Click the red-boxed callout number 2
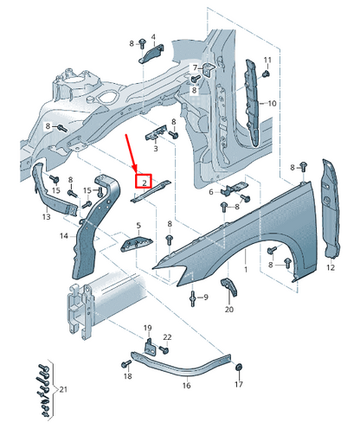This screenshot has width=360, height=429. click(x=143, y=182)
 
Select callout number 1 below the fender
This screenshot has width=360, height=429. click(x=245, y=270)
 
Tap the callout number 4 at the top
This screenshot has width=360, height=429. click(x=153, y=37)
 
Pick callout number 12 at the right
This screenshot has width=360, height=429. click(x=330, y=268)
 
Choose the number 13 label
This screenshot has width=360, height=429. click(x=46, y=219)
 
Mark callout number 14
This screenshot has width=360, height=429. click(x=64, y=235)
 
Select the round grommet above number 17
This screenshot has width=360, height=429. click(x=240, y=370)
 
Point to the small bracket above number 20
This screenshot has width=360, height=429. click(x=228, y=287)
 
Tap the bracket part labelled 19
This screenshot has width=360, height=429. click(x=149, y=346)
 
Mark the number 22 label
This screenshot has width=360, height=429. click(x=167, y=336)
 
